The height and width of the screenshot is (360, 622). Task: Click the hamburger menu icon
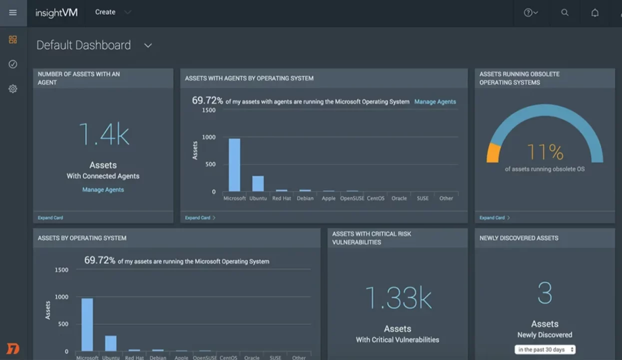[13, 12]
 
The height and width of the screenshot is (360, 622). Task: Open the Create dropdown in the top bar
[113, 12]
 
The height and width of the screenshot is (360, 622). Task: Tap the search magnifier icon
[565, 12]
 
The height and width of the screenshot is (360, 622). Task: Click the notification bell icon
[595, 13]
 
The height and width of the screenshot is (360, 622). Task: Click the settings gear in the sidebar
[13, 88]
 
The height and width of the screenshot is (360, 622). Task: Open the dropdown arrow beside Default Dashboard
[148, 45]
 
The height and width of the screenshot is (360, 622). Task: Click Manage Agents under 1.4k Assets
[103, 189]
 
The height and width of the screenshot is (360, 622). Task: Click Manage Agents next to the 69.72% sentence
[435, 101]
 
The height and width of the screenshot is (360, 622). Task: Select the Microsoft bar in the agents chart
[234, 165]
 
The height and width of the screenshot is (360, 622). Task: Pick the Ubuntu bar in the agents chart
[258, 183]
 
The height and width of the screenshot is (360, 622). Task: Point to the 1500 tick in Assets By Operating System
[61, 270]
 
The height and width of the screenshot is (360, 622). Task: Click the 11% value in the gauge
[545, 151]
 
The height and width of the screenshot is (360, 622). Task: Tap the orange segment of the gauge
[493, 153]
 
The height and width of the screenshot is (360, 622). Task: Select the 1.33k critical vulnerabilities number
[398, 298]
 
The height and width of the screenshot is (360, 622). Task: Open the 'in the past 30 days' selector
[545, 349]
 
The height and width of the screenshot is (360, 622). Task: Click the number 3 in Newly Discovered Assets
[545, 293]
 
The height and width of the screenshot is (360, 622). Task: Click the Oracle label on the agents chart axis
[399, 198]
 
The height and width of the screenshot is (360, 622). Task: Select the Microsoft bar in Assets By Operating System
[87, 325]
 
